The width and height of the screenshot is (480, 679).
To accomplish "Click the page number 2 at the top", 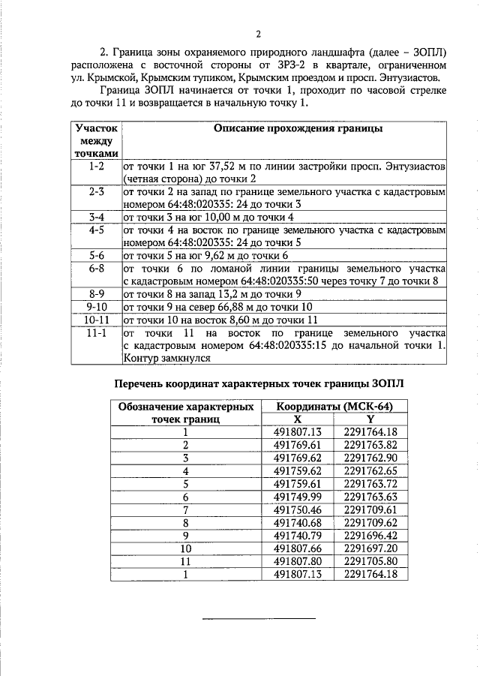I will pyautogui.click(x=257, y=34).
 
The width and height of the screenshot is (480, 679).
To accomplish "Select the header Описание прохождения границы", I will pyautogui.click(x=298, y=129).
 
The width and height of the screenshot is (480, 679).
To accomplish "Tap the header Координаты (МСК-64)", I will pyautogui.click(x=333, y=406).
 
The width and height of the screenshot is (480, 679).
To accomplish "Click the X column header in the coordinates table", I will pyautogui.click(x=297, y=419).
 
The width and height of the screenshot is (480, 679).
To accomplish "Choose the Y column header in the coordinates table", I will pyautogui.click(x=370, y=419).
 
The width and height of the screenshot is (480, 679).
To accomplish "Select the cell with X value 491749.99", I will pyautogui.click(x=297, y=497).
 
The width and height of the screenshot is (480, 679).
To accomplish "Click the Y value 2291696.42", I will pyautogui.click(x=370, y=536).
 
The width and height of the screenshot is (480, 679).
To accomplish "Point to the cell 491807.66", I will pyautogui.click(x=297, y=548).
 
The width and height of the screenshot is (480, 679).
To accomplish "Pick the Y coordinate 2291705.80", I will pyautogui.click(x=370, y=561).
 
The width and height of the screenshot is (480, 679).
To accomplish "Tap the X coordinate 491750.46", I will pyautogui.click(x=297, y=509).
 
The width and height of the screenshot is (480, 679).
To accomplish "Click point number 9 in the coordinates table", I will pyautogui.click(x=184, y=536).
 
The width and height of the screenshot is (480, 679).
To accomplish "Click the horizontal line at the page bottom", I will pyautogui.click(x=259, y=618).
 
